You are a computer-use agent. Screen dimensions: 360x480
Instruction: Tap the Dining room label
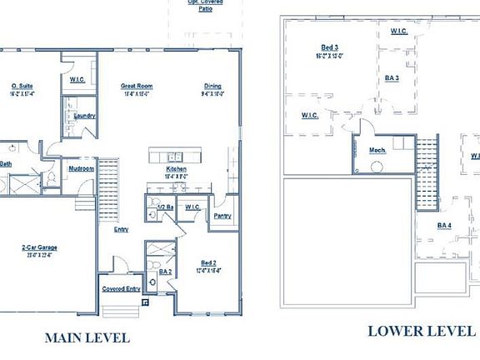213,86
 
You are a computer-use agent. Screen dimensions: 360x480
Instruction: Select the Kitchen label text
176,169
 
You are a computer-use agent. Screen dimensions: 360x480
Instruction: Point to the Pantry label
222,216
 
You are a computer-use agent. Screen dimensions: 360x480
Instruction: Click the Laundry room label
84,116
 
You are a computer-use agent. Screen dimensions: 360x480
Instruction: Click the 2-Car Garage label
39,247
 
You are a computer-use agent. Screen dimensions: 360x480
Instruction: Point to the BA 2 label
165,272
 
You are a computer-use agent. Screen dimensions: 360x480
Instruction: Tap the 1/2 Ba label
164,207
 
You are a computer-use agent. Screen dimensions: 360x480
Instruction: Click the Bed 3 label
330,47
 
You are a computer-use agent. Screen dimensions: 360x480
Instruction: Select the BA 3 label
392,78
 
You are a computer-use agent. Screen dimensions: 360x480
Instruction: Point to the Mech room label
377,150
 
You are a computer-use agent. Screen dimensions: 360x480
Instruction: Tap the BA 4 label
445,225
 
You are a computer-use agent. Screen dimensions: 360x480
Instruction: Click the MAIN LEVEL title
87,337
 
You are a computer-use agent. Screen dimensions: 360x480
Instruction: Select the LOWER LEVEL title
421,331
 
